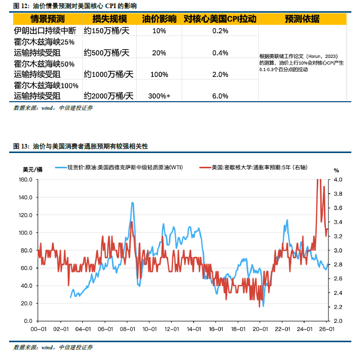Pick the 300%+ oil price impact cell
(159, 96)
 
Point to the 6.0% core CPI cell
(220, 96)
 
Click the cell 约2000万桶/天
(109, 96)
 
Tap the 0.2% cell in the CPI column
(220, 31)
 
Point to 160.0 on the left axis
(25, 179)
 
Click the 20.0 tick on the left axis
(27, 304)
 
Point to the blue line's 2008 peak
(133, 202)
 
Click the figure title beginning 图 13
(80, 146)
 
